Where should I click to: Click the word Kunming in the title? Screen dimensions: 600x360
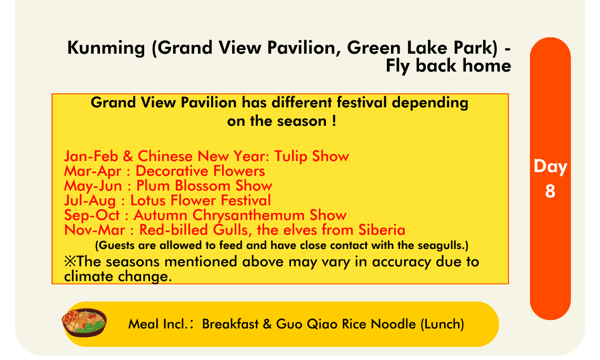[x=106, y=48]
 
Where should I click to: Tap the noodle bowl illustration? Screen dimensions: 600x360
[x=84, y=323]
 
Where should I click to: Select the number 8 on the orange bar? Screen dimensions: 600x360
[x=550, y=191]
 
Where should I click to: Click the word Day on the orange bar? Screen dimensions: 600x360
[x=550, y=166]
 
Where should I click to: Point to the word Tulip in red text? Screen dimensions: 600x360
[x=291, y=156]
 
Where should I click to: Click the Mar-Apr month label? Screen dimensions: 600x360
[x=93, y=171]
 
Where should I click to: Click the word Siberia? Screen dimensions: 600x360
[x=382, y=229]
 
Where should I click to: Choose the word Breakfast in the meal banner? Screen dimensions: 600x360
[x=231, y=324]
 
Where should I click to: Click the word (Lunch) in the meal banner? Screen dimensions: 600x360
[x=442, y=324]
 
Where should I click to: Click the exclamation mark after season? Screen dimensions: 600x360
[x=334, y=121]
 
